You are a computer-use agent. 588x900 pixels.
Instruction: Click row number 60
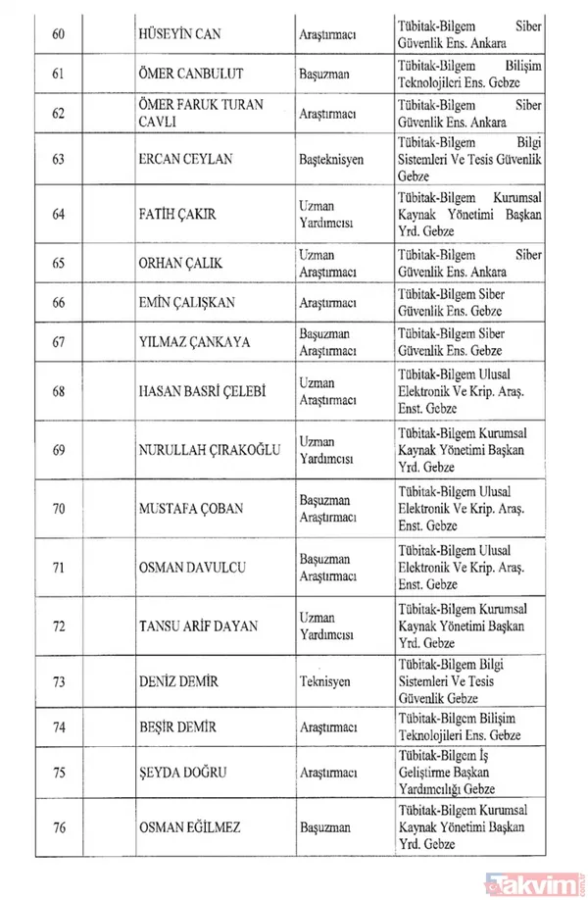[58, 35]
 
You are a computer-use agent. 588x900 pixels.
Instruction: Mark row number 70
[58, 509]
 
